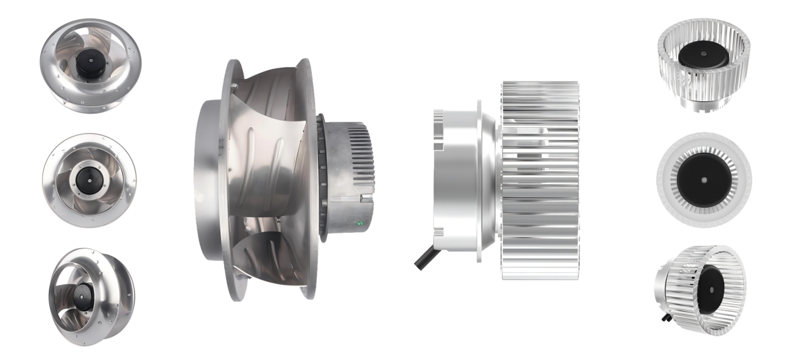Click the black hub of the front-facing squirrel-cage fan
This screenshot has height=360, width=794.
704,182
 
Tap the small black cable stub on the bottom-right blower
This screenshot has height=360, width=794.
663,317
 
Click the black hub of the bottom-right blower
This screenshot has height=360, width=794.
712,289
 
